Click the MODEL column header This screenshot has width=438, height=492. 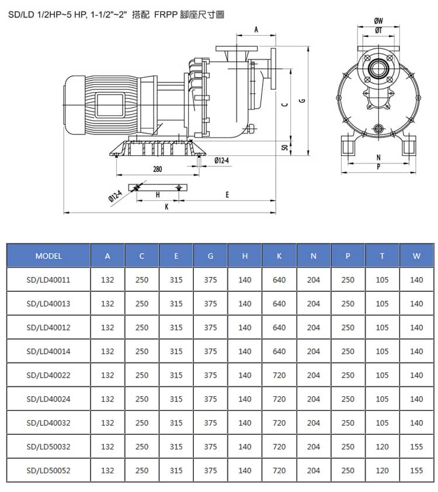(48, 256)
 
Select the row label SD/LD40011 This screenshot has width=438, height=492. (48, 280)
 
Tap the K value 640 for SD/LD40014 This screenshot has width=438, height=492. (279, 351)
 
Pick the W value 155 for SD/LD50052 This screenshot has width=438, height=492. (416, 470)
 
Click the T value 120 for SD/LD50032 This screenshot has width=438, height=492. (382, 446)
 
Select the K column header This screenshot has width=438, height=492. (279, 256)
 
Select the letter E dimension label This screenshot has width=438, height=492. (227, 195)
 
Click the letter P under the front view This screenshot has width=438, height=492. (378, 166)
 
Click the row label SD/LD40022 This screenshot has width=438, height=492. (48, 375)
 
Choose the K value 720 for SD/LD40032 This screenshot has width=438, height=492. (279, 423)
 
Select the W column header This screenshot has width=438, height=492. (416, 256)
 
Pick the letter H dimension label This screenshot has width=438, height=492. (158, 195)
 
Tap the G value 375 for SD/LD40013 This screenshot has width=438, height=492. (211, 303)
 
